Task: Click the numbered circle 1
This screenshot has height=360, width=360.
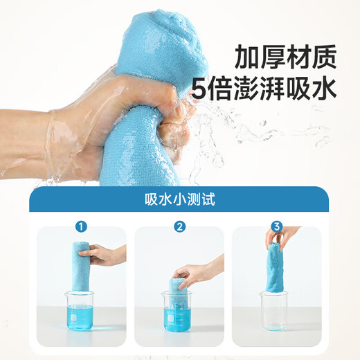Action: [82, 226]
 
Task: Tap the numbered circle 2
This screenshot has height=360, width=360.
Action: [180, 226]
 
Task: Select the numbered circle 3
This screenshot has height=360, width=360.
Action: [278, 226]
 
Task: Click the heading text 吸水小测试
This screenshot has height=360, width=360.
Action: [179, 201]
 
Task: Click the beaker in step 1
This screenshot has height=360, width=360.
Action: [81, 310]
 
